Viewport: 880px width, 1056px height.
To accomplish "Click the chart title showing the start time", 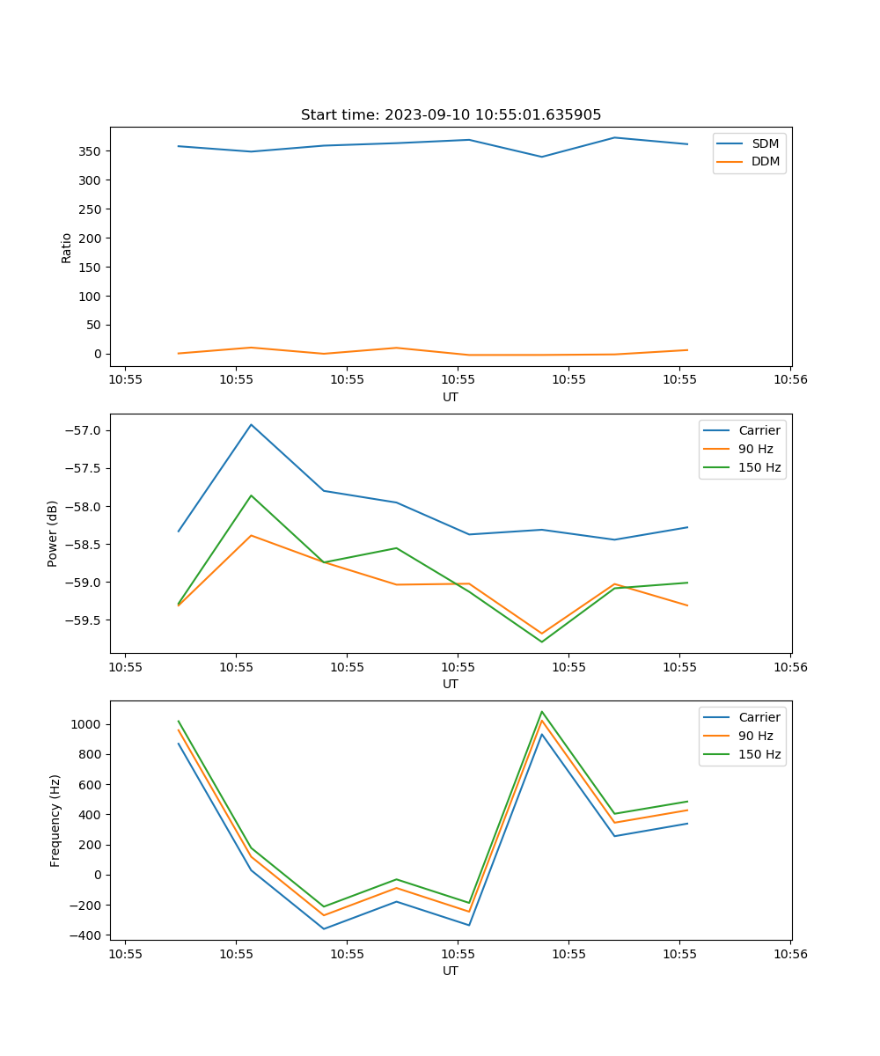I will point(451,115).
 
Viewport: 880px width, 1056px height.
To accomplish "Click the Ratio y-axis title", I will point(67,247).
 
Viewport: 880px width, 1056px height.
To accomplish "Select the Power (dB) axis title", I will point(54,533).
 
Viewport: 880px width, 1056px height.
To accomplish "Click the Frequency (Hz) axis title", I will point(55,820).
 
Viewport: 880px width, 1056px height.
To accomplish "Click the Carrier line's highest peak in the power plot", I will point(251,424).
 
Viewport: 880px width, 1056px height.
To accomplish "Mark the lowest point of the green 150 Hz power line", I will point(541,642).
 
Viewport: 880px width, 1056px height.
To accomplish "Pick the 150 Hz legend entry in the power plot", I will point(759,467).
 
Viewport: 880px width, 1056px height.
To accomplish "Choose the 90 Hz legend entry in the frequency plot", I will point(756,736).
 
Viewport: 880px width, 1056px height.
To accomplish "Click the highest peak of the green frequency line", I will point(541,711).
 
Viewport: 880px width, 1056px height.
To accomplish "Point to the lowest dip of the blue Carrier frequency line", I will point(324,928).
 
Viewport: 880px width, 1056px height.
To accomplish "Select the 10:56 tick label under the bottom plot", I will point(789,953).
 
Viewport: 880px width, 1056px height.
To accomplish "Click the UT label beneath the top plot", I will point(451,397).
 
